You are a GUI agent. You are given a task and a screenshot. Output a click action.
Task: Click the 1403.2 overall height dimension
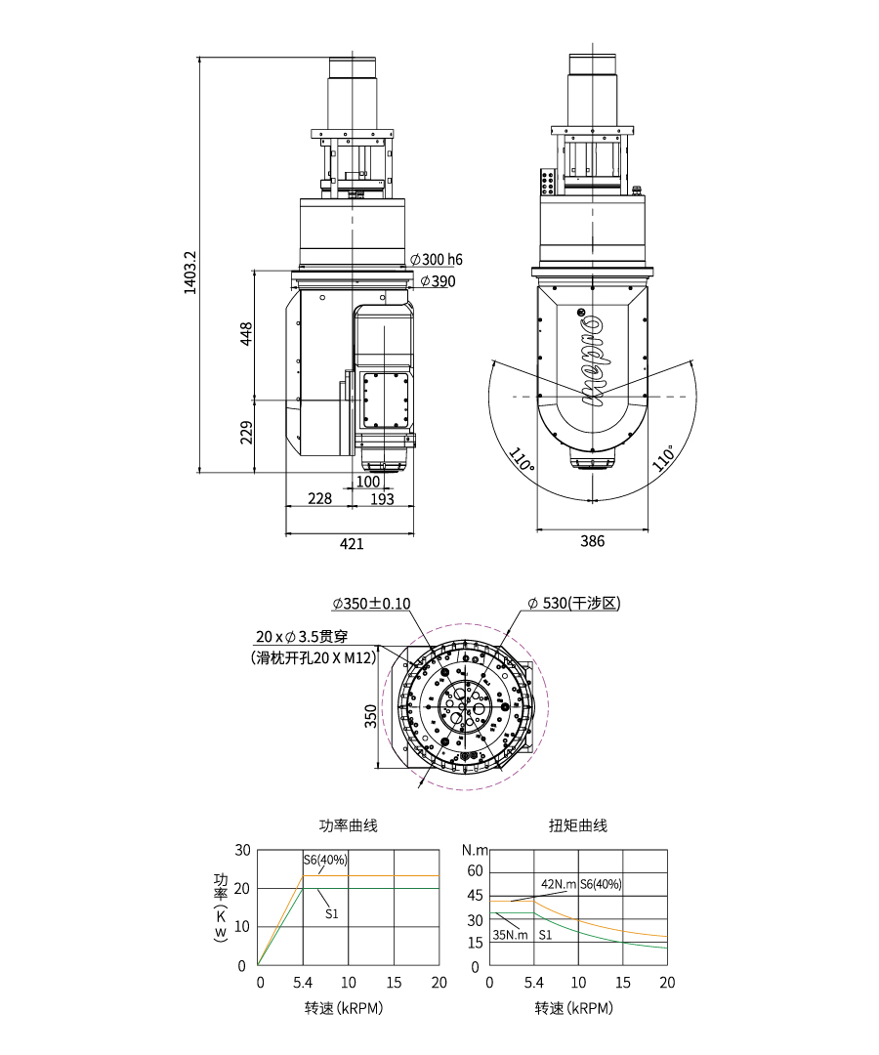[189, 273]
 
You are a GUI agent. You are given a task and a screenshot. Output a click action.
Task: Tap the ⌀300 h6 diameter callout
[437, 260]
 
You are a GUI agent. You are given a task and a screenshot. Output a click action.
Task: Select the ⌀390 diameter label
[438, 281]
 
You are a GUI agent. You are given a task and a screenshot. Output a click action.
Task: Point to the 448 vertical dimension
[247, 334]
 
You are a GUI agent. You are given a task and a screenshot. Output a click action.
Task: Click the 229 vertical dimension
[247, 432]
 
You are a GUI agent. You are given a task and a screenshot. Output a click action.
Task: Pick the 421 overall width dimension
[351, 543]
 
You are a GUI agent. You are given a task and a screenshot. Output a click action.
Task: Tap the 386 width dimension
[593, 541]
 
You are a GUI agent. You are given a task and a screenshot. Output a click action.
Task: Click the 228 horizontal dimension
[319, 498]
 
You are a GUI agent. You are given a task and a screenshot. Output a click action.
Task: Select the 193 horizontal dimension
[382, 498]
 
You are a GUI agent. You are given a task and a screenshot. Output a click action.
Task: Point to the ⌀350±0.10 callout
[371, 604]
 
